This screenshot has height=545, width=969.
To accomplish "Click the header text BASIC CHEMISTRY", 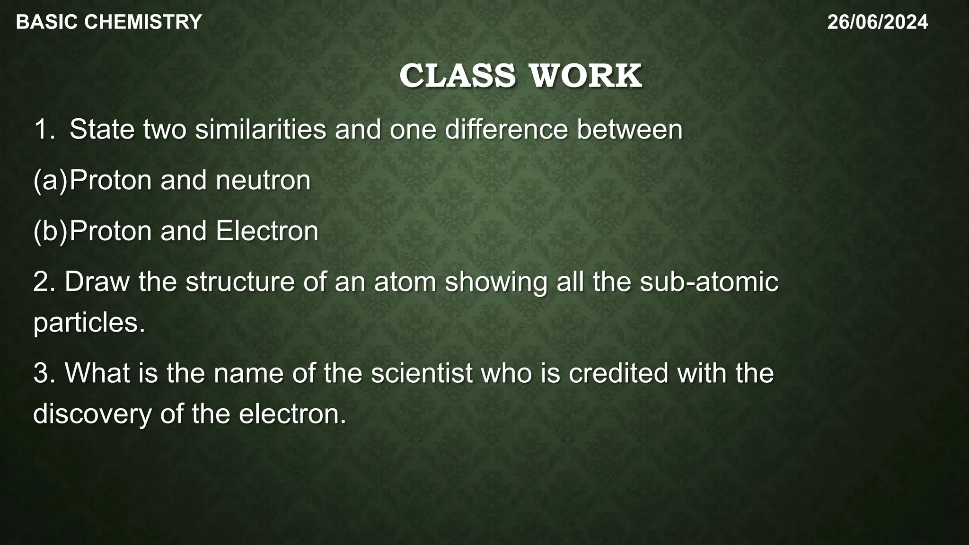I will tap(109, 22).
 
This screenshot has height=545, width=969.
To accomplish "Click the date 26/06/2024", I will tap(878, 22).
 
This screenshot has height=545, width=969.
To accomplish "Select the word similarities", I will tap(260, 129).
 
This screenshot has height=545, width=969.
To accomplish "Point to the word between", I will tap(629, 129).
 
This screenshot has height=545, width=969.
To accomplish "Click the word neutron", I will tap(263, 180).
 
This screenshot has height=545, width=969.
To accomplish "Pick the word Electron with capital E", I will tap(267, 231).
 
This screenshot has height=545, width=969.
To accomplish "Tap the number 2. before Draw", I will tap(45, 281).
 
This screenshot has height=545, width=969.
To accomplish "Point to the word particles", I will tap(89, 323).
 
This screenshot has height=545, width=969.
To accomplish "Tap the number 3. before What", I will tap(45, 373).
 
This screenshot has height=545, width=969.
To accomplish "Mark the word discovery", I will tap(92, 414).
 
